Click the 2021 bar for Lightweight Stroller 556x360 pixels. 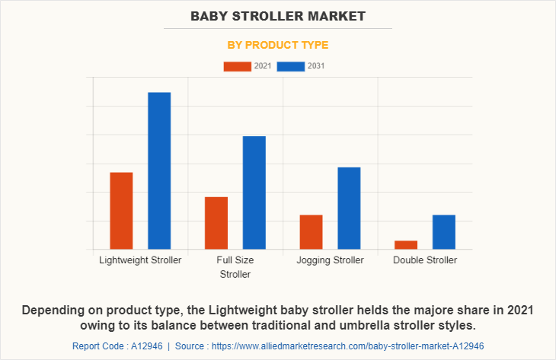[121, 211]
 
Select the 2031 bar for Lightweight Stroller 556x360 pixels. [159, 170]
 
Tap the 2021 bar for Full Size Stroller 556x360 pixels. [216, 223]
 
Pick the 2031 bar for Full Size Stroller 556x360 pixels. [254, 193]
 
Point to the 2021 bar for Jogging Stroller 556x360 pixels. [311, 232]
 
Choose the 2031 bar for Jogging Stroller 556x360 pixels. [349, 208]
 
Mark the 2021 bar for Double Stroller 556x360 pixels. [406, 244]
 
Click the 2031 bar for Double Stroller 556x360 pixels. [444, 232]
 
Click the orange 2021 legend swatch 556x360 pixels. [237, 66]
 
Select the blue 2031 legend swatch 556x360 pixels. [291, 66]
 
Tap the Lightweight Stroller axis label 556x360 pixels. [140, 260]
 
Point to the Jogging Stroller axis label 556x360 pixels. [330, 260]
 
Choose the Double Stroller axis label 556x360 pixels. [425, 260]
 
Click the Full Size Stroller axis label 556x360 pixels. [235, 267]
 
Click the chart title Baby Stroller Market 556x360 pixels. [278, 15]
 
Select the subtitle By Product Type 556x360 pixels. [278, 45]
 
